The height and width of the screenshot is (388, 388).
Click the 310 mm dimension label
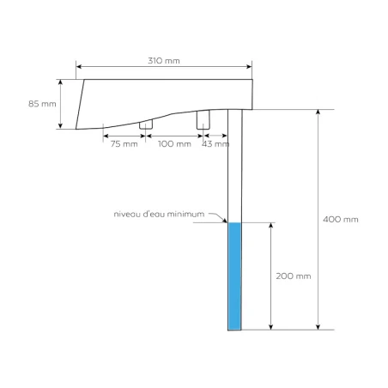(x=163, y=61)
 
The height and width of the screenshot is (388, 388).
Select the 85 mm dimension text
(x=41, y=104)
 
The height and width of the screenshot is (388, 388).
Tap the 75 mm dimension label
(x=124, y=143)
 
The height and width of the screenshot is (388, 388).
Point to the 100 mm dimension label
(x=174, y=143)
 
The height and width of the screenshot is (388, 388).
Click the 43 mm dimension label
(x=215, y=143)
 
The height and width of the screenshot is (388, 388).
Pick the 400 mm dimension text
(x=341, y=219)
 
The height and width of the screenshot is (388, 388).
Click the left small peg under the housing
(x=147, y=125)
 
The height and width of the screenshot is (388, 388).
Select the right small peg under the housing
(x=203, y=120)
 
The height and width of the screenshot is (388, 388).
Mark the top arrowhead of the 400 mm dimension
(x=318, y=112)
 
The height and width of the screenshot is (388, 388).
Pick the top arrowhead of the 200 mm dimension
(x=272, y=226)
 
